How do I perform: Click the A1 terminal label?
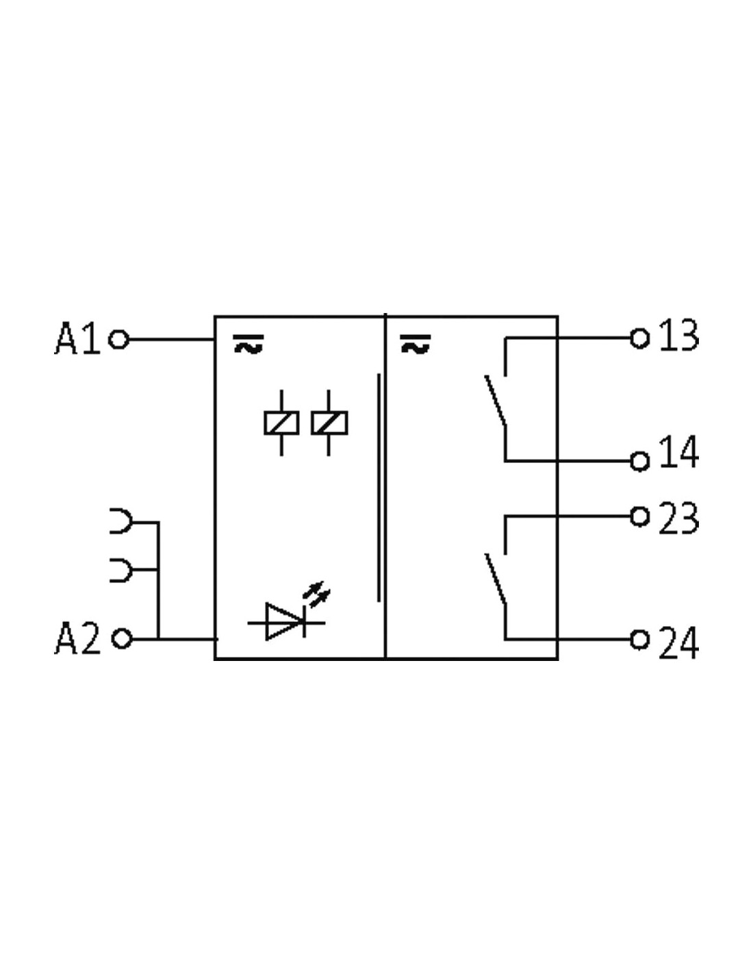[x=77, y=338]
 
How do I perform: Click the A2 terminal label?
[x=77, y=638]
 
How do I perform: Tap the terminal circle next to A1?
[x=118, y=339]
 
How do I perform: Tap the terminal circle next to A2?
[x=121, y=638]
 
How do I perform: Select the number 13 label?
[x=678, y=334]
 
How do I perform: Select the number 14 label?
[x=678, y=452]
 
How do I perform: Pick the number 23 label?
[x=678, y=518]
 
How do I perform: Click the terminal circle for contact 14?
[x=639, y=461]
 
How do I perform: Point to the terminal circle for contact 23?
[x=639, y=516]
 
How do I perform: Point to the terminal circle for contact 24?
[x=639, y=639]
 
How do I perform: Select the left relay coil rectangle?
[x=281, y=423]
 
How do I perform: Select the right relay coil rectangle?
[x=329, y=423]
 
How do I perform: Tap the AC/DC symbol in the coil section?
[x=248, y=344]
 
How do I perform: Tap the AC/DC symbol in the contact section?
[x=416, y=344]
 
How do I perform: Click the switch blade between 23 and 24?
[x=496, y=578]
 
